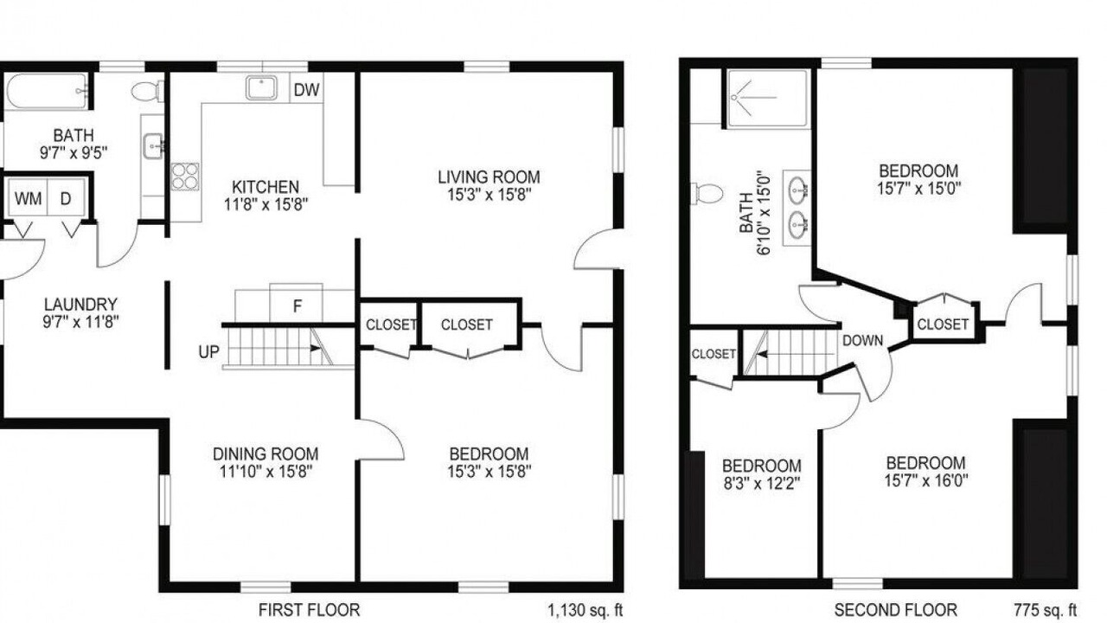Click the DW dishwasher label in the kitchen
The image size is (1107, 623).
[306, 90]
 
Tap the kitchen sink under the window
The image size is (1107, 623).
[261, 88]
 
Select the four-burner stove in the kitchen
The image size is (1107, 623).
[185, 177]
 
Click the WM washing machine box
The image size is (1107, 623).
[29, 198]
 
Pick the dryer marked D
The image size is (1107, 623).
[66, 198]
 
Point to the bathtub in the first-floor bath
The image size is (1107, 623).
[47, 91]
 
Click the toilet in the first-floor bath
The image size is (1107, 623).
[147, 91]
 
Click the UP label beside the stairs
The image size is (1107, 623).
[208, 352]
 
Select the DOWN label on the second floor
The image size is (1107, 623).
[862, 341]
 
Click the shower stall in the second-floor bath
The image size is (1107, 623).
[767, 98]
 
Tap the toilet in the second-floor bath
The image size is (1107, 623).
[707, 193]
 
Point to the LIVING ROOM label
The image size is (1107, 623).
[489, 177]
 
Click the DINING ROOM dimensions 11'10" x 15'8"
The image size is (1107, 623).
[266, 472]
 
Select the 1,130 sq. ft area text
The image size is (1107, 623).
[585, 610]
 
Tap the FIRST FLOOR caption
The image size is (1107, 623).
[310, 610]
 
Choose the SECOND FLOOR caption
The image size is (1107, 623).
[895, 610]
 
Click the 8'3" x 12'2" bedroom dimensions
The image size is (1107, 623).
[762, 483]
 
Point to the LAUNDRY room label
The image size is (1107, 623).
[80, 304]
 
